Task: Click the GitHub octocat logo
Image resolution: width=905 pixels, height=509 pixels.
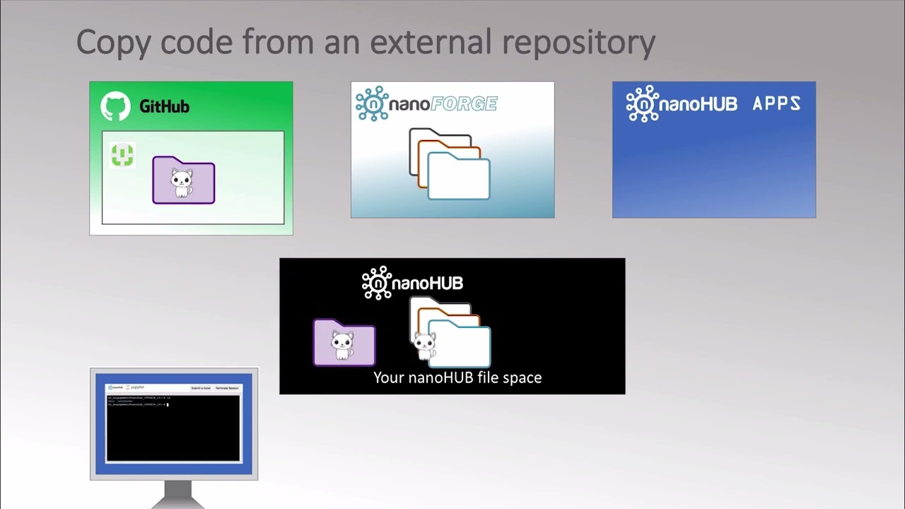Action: (115, 107)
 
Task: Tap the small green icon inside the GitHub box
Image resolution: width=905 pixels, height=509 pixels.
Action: (123, 155)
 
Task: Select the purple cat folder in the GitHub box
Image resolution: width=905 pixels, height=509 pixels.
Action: (184, 181)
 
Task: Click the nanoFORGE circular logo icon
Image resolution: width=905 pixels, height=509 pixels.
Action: (372, 104)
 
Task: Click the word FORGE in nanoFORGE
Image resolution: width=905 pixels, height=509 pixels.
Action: (464, 105)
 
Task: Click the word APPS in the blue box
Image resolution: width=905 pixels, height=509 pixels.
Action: (776, 105)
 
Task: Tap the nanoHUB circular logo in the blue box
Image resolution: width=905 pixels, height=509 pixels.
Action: (643, 105)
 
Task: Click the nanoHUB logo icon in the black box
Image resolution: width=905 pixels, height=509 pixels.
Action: (377, 283)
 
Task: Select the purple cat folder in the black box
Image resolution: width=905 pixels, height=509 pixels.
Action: (344, 343)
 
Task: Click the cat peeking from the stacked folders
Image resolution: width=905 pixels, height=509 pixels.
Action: (424, 346)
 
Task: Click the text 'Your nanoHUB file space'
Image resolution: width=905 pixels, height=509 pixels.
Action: (457, 378)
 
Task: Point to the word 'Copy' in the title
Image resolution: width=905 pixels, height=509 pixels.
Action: (113, 42)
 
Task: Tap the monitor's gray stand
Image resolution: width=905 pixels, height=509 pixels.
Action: (174, 495)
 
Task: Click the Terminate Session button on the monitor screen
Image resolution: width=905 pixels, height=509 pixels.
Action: (227, 388)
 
